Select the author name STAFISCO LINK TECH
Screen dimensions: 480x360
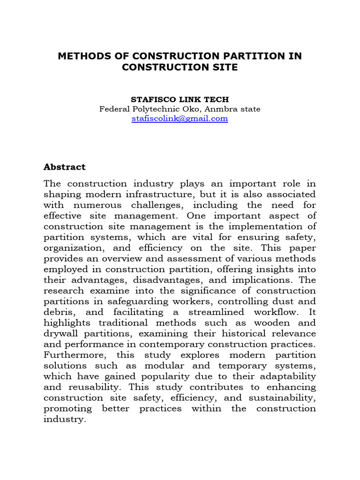point(180,100)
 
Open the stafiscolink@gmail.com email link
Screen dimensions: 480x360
point(180,119)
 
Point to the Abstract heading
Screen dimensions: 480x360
point(65,167)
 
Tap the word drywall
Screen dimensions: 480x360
point(59,333)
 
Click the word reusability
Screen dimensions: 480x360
point(96,387)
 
